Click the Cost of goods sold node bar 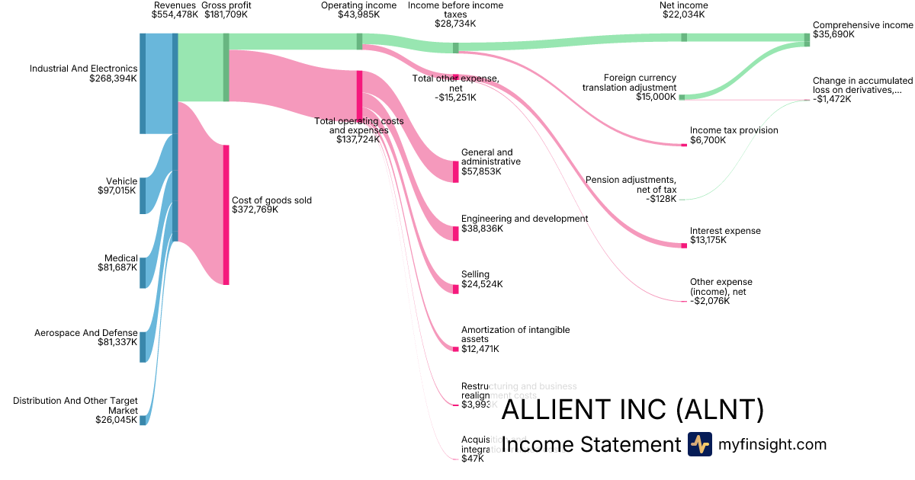[x=226, y=215]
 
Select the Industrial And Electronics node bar [x=143, y=84]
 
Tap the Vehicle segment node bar [x=143, y=196]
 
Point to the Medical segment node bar [x=143, y=273]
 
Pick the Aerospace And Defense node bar [x=143, y=347]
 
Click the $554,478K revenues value [x=175, y=14]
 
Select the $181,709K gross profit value [x=227, y=14]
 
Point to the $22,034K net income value [x=683, y=14]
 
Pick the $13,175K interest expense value [x=708, y=241]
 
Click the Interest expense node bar [x=683, y=245]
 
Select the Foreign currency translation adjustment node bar [x=682, y=97]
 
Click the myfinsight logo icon [x=699, y=444]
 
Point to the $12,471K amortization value [x=480, y=349]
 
